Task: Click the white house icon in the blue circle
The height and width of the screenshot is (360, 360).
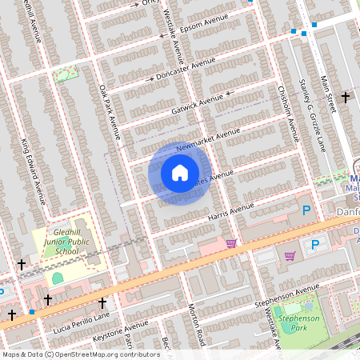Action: [180, 172]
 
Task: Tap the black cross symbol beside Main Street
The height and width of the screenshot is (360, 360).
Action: [346, 97]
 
